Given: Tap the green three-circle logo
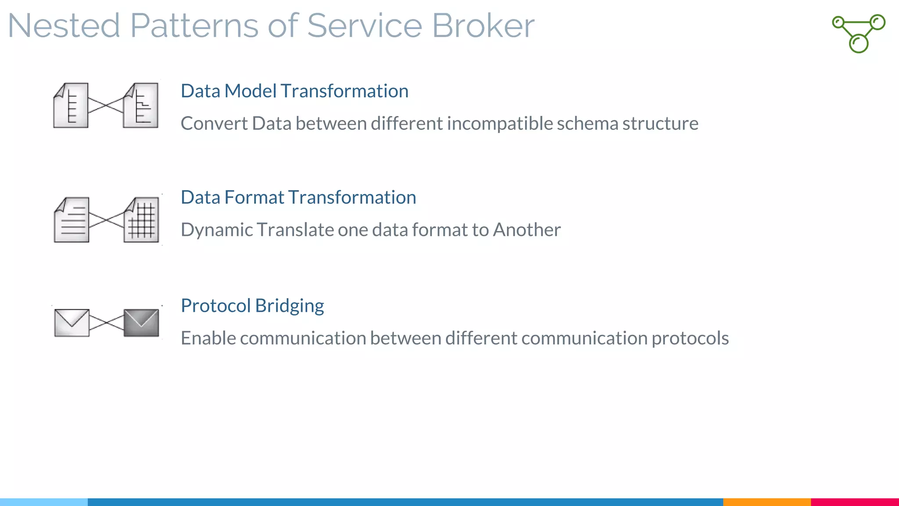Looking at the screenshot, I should point(859,33).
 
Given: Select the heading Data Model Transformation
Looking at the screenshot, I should point(295,91).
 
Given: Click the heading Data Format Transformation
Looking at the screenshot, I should point(298,197).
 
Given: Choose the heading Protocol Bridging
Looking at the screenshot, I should point(252,306).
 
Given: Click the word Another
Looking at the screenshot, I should point(527,230).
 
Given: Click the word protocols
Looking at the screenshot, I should point(690,338).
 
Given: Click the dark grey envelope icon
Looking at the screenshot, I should point(141,323).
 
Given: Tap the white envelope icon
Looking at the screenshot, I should point(72,323).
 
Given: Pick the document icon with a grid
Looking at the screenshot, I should point(141,220).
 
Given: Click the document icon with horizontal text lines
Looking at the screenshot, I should point(72,220).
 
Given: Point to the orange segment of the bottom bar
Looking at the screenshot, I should point(766,502).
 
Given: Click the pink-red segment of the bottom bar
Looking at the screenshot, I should point(855,502).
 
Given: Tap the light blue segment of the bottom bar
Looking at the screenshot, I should point(44,502).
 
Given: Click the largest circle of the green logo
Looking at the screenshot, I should point(859,43).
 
